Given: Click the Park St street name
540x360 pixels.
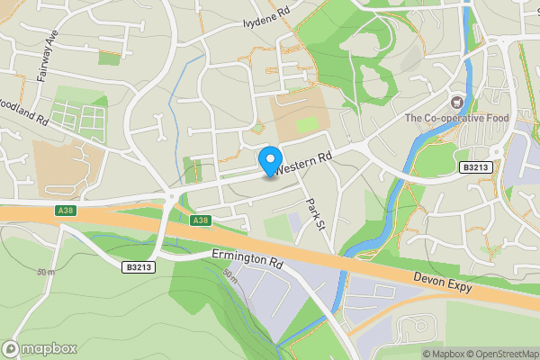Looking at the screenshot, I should click(x=314, y=215).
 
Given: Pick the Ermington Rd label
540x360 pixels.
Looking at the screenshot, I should click(x=247, y=260).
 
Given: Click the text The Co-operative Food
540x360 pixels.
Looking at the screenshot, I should click(x=457, y=119).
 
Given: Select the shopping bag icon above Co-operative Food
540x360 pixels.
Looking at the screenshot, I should click(x=456, y=103).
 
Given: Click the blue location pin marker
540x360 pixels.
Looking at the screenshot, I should click(x=269, y=161).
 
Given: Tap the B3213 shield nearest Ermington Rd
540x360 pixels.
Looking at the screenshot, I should click(x=139, y=267).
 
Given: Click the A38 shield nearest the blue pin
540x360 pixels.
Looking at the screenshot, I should click(x=201, y=220).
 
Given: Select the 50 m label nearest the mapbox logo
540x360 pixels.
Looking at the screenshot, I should click(x=46, y=272).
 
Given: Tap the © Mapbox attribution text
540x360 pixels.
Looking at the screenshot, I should click(x=441, y=354).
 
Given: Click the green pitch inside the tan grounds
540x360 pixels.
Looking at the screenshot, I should click(x=309, y=124).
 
